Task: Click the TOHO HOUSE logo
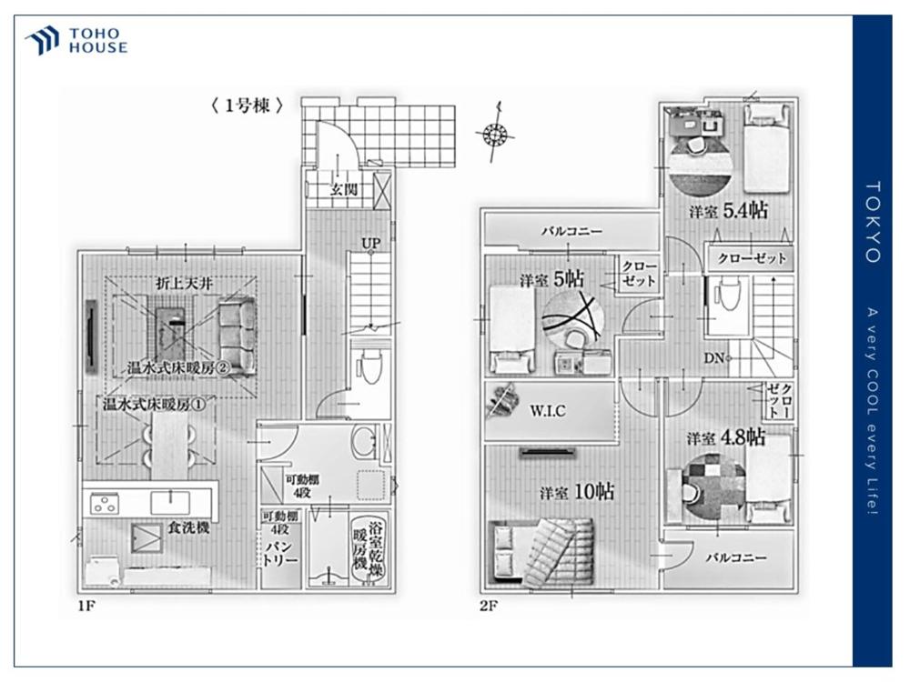(76, 41)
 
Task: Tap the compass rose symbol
(495, 134)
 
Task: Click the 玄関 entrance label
(344, 189)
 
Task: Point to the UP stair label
(371, 243)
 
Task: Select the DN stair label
(714, 358)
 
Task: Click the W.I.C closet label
(547, 411)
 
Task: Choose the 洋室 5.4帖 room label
(728, 211)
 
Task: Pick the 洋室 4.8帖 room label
(726, 438)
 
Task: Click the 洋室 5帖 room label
(551, 280)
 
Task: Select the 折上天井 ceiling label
(185, 284)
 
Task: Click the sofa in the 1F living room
(238, 336)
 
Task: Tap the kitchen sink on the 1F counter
(170, 502)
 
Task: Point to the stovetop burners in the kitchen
(105, 503)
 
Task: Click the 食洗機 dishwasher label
(188, 527)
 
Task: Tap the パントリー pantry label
(280, 553)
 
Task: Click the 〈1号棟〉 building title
(247, 105)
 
